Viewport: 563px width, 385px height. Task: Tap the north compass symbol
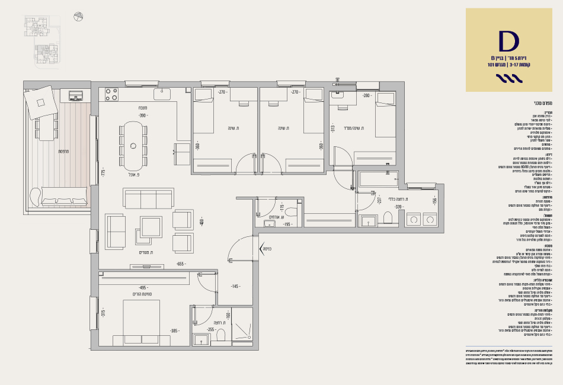[x=78, y=17]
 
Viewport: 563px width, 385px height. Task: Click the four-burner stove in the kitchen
[x=111, y=94]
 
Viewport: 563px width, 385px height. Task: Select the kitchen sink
[x=162, y=93]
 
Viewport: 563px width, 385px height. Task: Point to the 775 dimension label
[x=103, y=173]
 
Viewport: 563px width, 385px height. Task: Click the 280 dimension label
[x=366, y=95]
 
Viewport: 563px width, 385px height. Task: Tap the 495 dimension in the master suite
[x=143, y=287]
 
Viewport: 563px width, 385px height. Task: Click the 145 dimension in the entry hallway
[x=235, y=287]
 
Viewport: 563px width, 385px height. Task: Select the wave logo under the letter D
[x=508, y=78]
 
